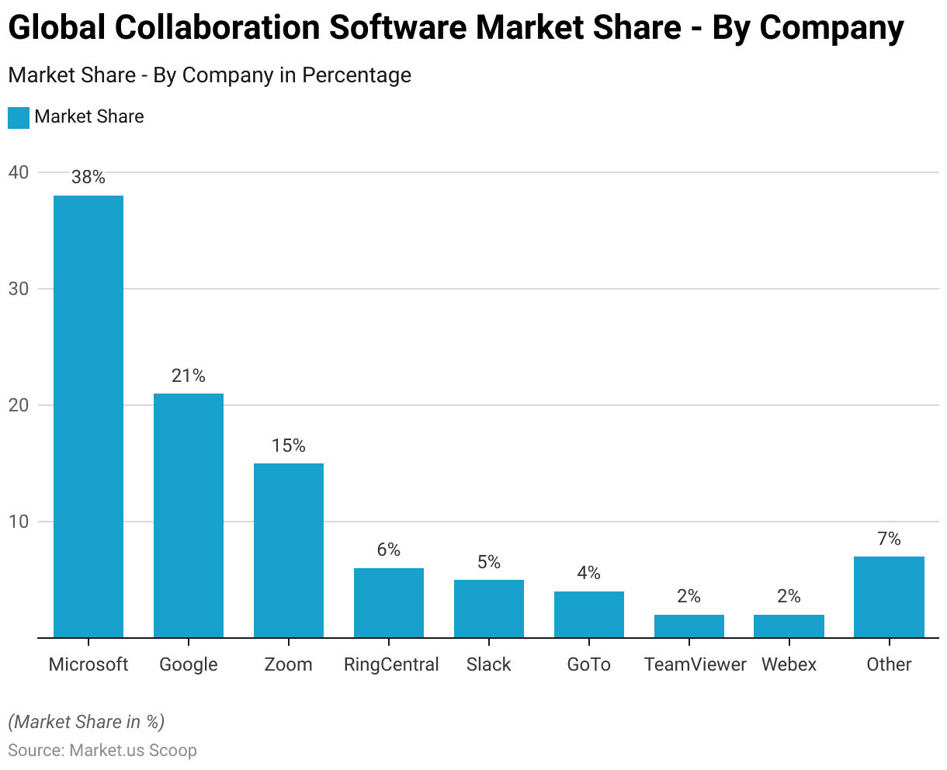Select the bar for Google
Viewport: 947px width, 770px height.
pos(189,515)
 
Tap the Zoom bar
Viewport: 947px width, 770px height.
pos(289,550)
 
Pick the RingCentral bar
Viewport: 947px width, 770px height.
pos(389,602)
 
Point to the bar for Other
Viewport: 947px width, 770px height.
pos(889,597)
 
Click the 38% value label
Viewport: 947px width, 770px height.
pos(88,178)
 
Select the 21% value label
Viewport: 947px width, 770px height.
pos(189,376)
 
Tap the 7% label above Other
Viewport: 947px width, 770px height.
pos(889,539)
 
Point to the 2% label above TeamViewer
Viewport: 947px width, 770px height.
pos(689,596)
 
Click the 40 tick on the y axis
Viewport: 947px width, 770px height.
pos(19,172)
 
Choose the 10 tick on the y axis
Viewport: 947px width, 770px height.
pos(19,522)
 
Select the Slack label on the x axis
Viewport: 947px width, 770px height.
pos(489,664)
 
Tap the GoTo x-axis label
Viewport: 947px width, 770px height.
pos(588,664)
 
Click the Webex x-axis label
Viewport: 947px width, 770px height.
pos(789,664)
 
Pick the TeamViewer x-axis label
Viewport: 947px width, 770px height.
pos(695,664)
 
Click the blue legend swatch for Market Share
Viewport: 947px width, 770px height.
pos(19,117)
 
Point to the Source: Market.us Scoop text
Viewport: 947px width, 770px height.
pos(102,751)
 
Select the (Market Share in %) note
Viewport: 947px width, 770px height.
pos(86,722)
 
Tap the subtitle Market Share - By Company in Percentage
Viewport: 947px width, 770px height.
pos(210,75)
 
